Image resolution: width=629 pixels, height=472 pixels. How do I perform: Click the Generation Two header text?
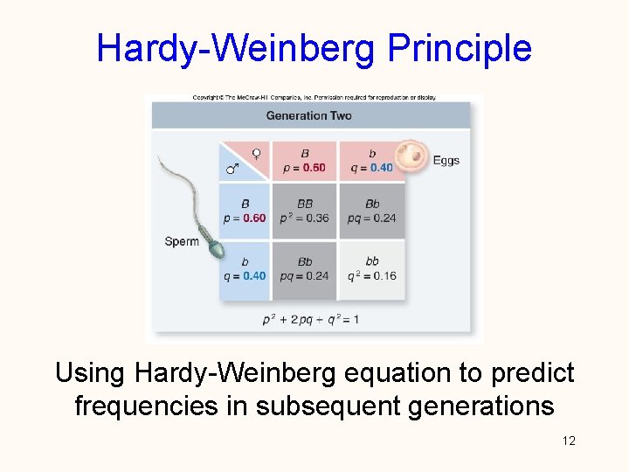(308, 115)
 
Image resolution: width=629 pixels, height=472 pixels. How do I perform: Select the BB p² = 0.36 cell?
(305, 211)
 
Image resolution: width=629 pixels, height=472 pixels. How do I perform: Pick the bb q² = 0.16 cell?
(373, 268)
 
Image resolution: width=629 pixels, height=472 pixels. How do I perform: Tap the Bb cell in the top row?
(373, 211)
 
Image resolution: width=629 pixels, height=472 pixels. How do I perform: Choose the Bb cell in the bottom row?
(305, 268)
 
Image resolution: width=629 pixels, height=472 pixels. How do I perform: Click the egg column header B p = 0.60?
(305, 161)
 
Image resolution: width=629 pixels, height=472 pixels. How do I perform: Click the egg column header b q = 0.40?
(371, 161)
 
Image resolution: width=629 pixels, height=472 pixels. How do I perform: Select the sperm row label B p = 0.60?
(245, 211)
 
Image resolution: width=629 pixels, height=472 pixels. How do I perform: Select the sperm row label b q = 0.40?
(245, 268)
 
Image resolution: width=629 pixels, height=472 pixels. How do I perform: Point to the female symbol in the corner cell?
(256, 153)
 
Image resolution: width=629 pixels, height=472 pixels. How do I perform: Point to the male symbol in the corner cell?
(232, 169)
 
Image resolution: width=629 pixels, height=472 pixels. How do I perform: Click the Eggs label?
(446, 161)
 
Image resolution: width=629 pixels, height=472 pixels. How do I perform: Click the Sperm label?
(182, 241)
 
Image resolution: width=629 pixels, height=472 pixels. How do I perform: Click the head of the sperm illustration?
(217, 251)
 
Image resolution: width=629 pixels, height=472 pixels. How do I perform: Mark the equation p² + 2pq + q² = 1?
(311, 319)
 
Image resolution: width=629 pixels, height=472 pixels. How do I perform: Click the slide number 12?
(569, 441)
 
